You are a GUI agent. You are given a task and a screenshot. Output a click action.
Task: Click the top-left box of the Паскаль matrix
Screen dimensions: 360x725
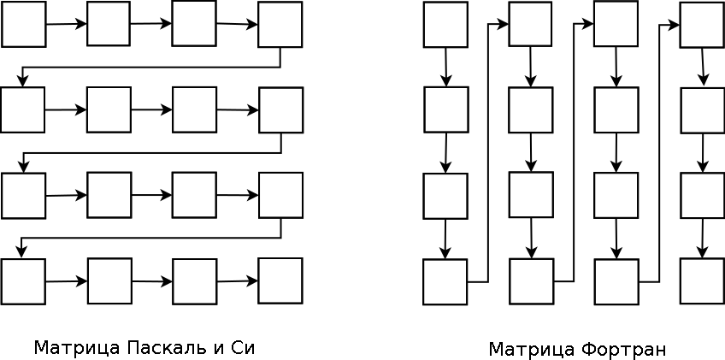pos(23,24)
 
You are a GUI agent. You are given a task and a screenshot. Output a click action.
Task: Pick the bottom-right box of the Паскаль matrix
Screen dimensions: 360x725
pos(280,280)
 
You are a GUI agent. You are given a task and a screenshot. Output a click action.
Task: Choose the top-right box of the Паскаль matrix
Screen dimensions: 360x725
pos(280,24)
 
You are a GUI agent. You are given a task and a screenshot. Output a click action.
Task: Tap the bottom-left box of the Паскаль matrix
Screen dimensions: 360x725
pos(23,281)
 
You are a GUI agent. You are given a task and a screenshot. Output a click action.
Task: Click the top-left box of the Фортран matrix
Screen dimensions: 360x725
pos(445,24)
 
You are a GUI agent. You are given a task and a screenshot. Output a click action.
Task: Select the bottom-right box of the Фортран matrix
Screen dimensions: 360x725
pos(702,281)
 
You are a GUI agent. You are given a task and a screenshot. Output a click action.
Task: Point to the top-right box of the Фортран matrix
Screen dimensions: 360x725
pos(702,25)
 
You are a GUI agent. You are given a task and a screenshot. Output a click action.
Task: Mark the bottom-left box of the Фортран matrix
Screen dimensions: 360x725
pos(445,281)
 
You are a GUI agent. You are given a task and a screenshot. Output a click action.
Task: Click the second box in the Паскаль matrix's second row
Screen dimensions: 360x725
pos(109,109)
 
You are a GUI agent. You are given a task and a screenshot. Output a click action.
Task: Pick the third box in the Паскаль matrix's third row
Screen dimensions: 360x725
pos(194,195)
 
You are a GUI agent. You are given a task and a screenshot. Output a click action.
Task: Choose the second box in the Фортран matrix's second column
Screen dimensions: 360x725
pos(531,109)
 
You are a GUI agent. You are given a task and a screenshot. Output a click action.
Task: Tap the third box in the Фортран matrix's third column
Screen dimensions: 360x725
pos(616,195)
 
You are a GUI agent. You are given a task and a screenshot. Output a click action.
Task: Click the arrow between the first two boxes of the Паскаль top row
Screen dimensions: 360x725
pos(66,24)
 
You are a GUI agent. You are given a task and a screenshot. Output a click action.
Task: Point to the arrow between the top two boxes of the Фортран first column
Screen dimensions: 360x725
pos(445,67)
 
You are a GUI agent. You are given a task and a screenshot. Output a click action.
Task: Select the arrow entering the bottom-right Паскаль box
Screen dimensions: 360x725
pos(237,280)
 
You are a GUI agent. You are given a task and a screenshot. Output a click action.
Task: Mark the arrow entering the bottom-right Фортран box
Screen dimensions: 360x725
pos(702,239)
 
